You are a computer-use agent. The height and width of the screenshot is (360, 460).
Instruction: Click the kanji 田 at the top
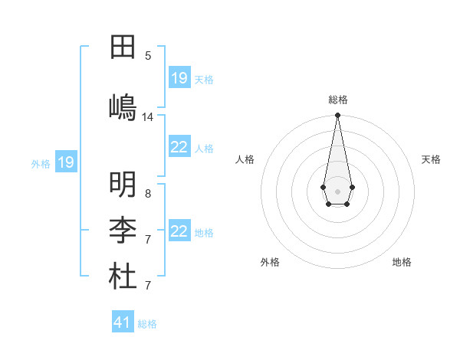point(123,47)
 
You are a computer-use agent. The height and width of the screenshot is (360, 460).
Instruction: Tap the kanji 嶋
point(123,106)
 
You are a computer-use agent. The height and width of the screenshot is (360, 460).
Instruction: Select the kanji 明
point(123,185)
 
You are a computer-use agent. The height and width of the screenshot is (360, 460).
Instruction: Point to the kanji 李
point(123,231)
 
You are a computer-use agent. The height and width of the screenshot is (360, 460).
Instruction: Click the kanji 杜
point(123,277)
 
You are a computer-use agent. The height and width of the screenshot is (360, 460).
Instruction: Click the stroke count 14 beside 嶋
point(148,117)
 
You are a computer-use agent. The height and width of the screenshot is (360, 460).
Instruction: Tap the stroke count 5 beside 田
point(148,55)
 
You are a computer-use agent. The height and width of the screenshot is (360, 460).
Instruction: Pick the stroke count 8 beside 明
point(148,194)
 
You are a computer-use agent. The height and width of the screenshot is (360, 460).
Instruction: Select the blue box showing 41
point(123,322)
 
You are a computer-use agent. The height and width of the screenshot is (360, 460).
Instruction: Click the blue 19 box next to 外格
point(65,162)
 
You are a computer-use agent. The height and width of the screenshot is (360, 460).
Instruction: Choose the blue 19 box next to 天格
point(179,78)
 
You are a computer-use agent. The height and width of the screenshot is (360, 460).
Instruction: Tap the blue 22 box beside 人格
point(179,148)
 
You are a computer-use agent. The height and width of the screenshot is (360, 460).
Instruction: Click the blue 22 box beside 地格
point(179,231)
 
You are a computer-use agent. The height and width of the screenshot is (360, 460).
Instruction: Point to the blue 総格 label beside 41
point(147,324)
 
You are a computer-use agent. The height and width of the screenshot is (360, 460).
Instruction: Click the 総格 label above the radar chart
point(338,100)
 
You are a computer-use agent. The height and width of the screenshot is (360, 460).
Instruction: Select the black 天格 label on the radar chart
point(432,159)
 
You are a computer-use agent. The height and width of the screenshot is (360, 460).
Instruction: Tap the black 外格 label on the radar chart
point(270,262)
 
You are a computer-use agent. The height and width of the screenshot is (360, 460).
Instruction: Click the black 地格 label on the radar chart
point(402,262)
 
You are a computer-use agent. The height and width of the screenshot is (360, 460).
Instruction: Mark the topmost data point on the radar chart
point(337,116)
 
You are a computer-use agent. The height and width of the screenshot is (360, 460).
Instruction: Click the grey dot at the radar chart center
point(337,191)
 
